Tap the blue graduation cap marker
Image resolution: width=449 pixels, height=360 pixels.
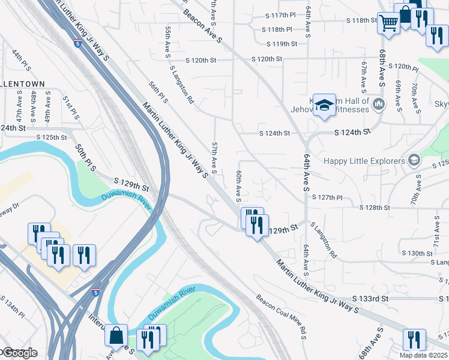click(x=324, y=105)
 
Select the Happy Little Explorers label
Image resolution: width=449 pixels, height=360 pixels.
click(x=364, y=161)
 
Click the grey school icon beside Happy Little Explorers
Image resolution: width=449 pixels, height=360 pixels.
click(x=414, y=160)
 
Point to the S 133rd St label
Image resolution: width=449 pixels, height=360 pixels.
click(x=371, y=298)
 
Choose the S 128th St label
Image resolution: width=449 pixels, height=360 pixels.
click(x=375, y=208)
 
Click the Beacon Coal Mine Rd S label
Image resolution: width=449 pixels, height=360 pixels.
click(x=282, y=316)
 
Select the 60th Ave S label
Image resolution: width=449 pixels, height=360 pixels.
click(x=238, y=185)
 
